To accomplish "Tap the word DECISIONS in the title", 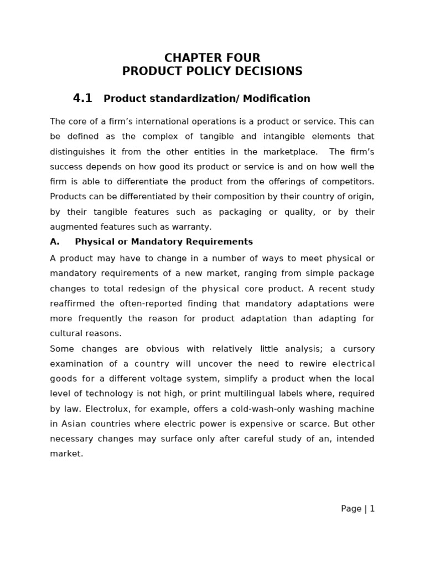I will [270, 71].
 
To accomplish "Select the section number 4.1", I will [82, 99].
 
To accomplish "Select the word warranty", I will [194, 227].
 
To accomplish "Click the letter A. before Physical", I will [54, 242].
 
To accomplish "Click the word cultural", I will [64, 333].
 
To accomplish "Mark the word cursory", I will [357, 349].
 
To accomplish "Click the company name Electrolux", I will [85, 409].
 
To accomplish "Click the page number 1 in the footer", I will [372, 509].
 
